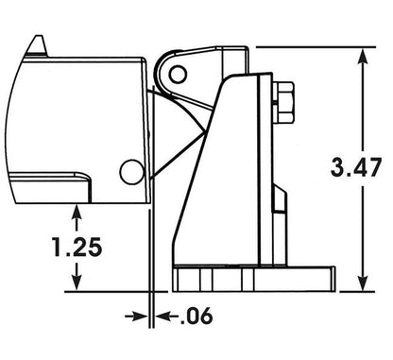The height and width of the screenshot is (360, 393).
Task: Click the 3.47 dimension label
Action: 356,167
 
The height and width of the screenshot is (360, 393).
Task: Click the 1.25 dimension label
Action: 77,247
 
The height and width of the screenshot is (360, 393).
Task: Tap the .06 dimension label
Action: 196,316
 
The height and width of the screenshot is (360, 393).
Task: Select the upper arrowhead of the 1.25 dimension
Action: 77,214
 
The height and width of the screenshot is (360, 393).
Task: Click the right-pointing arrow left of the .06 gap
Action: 136,316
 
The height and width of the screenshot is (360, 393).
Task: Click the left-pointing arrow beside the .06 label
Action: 166,316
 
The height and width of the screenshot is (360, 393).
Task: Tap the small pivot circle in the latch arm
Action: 178,75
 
